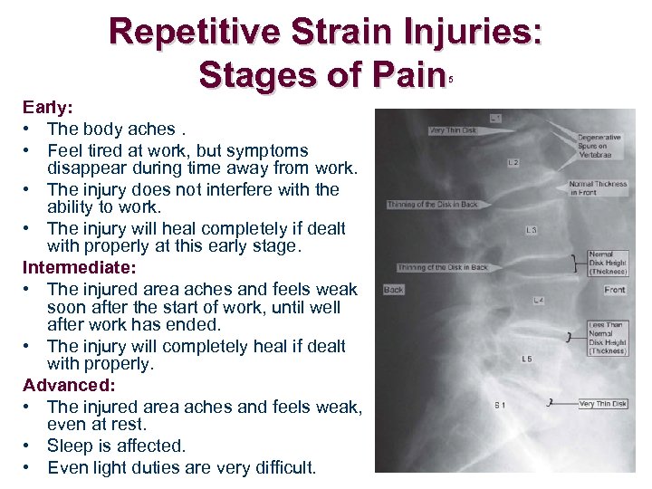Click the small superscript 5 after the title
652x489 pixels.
(x=449, y=80)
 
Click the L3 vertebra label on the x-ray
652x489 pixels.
(x=531, y=230)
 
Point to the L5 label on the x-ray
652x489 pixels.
(x=526, y=360)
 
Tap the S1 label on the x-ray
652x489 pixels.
(x=499, y=404)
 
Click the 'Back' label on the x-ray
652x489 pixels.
(x=394, y=290)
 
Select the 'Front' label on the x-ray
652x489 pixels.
(x=615, y=290)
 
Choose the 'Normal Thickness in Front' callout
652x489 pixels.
(x=598, y=188)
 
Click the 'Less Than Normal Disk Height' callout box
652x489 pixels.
(x=608, y=338)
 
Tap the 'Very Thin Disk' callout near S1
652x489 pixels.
(x=601, y=404)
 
